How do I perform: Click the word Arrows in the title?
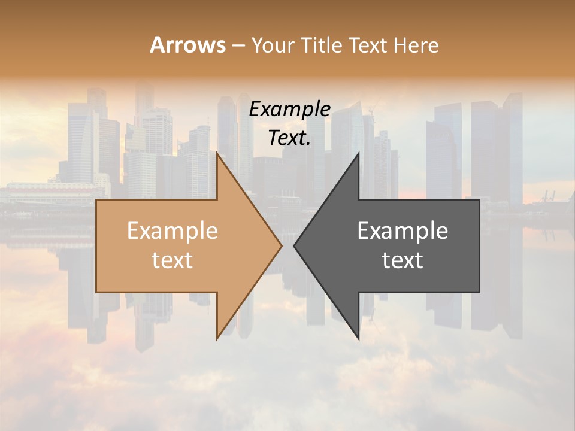pos(187,45)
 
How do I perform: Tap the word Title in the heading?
pos(321,45)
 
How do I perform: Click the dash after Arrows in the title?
pos(238,46)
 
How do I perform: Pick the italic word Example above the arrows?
pos(289,110)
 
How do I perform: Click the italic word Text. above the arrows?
pos(289,138)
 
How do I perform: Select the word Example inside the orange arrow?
pos(172,231)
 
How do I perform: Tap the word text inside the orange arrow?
pos(172,260)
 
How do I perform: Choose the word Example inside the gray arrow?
pos(402,231)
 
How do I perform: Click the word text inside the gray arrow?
pos(402,260)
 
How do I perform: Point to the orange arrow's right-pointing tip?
pos(282,245)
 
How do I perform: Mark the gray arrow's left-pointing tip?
pos(294,245)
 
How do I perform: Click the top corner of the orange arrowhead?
pos(217,153)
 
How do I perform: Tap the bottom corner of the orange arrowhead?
pos(217,339)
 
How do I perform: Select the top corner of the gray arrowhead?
pos(359,153)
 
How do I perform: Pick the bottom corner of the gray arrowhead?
pos(359,339)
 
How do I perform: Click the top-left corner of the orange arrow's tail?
pos(96,200)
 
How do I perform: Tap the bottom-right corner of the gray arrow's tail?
pos(479,292)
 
